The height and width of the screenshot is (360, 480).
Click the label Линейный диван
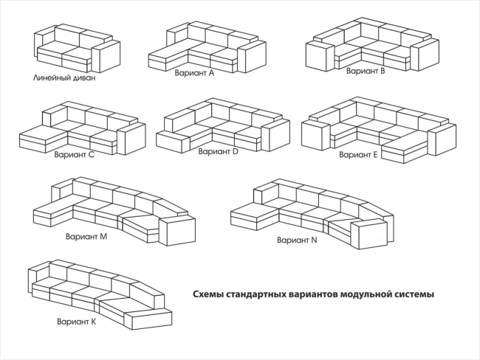point(64,77)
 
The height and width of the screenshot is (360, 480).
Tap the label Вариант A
point(194,73)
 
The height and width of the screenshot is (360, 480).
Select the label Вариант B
point(366,72)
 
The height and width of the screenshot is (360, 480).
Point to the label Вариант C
point(75,156)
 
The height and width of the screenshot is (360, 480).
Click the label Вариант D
point(218,151)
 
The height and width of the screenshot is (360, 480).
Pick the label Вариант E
point(358,156)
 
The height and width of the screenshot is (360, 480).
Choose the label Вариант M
point(86,237)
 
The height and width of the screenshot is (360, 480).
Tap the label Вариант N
point(297,240)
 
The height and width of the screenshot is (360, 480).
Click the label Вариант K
point(76,321)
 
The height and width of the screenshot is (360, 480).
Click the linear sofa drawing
point(76,47)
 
